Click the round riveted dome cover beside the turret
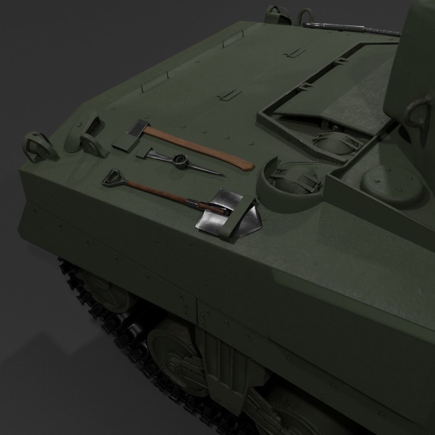391,183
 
